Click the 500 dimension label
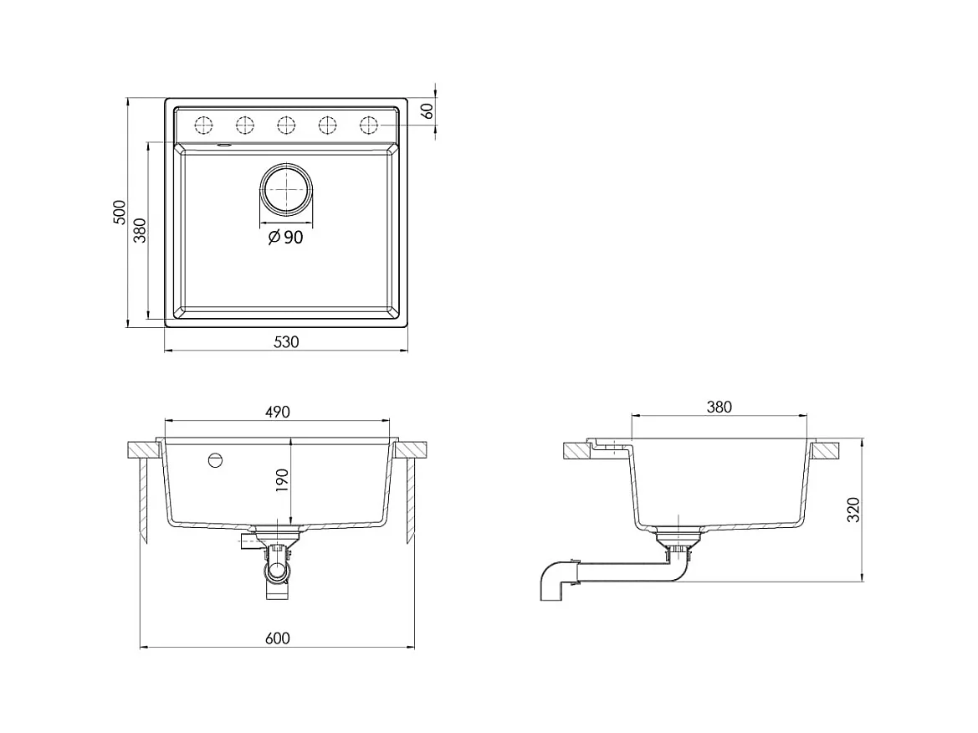point(120,213)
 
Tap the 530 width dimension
point(286,341)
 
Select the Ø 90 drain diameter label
point(285,238)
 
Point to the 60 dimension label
point(428,111)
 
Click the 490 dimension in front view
point(277,412)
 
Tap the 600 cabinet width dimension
point(277,638)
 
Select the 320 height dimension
point(853,510)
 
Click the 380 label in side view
point(719,407)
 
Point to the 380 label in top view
point(140,230)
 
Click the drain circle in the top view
point(286,189)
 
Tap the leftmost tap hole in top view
point(203,126)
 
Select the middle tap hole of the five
point(286,126)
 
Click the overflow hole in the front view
point(216,460)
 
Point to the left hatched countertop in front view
point(144,449)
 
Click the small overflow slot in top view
point(224,146)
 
